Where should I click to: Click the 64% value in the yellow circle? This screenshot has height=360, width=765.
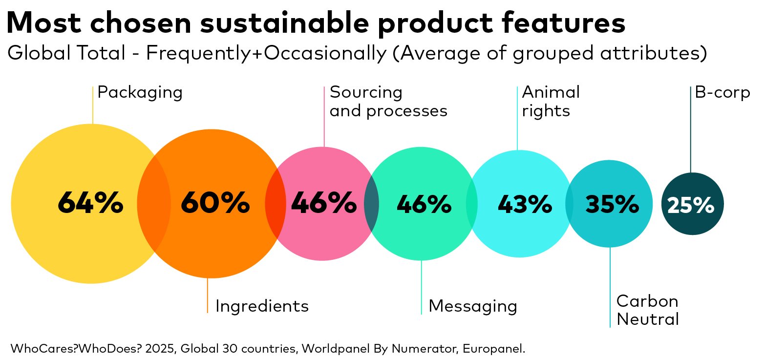click(90, 203)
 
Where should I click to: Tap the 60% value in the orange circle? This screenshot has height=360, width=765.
click(215, 203)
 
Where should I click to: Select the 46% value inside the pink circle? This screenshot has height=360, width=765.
click(323, 203)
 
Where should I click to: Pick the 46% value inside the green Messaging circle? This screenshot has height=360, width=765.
click(424, 204)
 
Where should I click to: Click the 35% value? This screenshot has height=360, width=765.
click(612, 204)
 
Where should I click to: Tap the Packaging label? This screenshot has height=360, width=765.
click(140, 92)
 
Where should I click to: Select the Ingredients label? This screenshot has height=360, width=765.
click(262, 306)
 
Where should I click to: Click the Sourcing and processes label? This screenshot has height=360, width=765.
click(388, 102)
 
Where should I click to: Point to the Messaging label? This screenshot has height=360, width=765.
click(472, 306)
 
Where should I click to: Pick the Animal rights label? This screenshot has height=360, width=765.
click(551, 102)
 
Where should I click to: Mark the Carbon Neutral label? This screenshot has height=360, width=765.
click(647, 310)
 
